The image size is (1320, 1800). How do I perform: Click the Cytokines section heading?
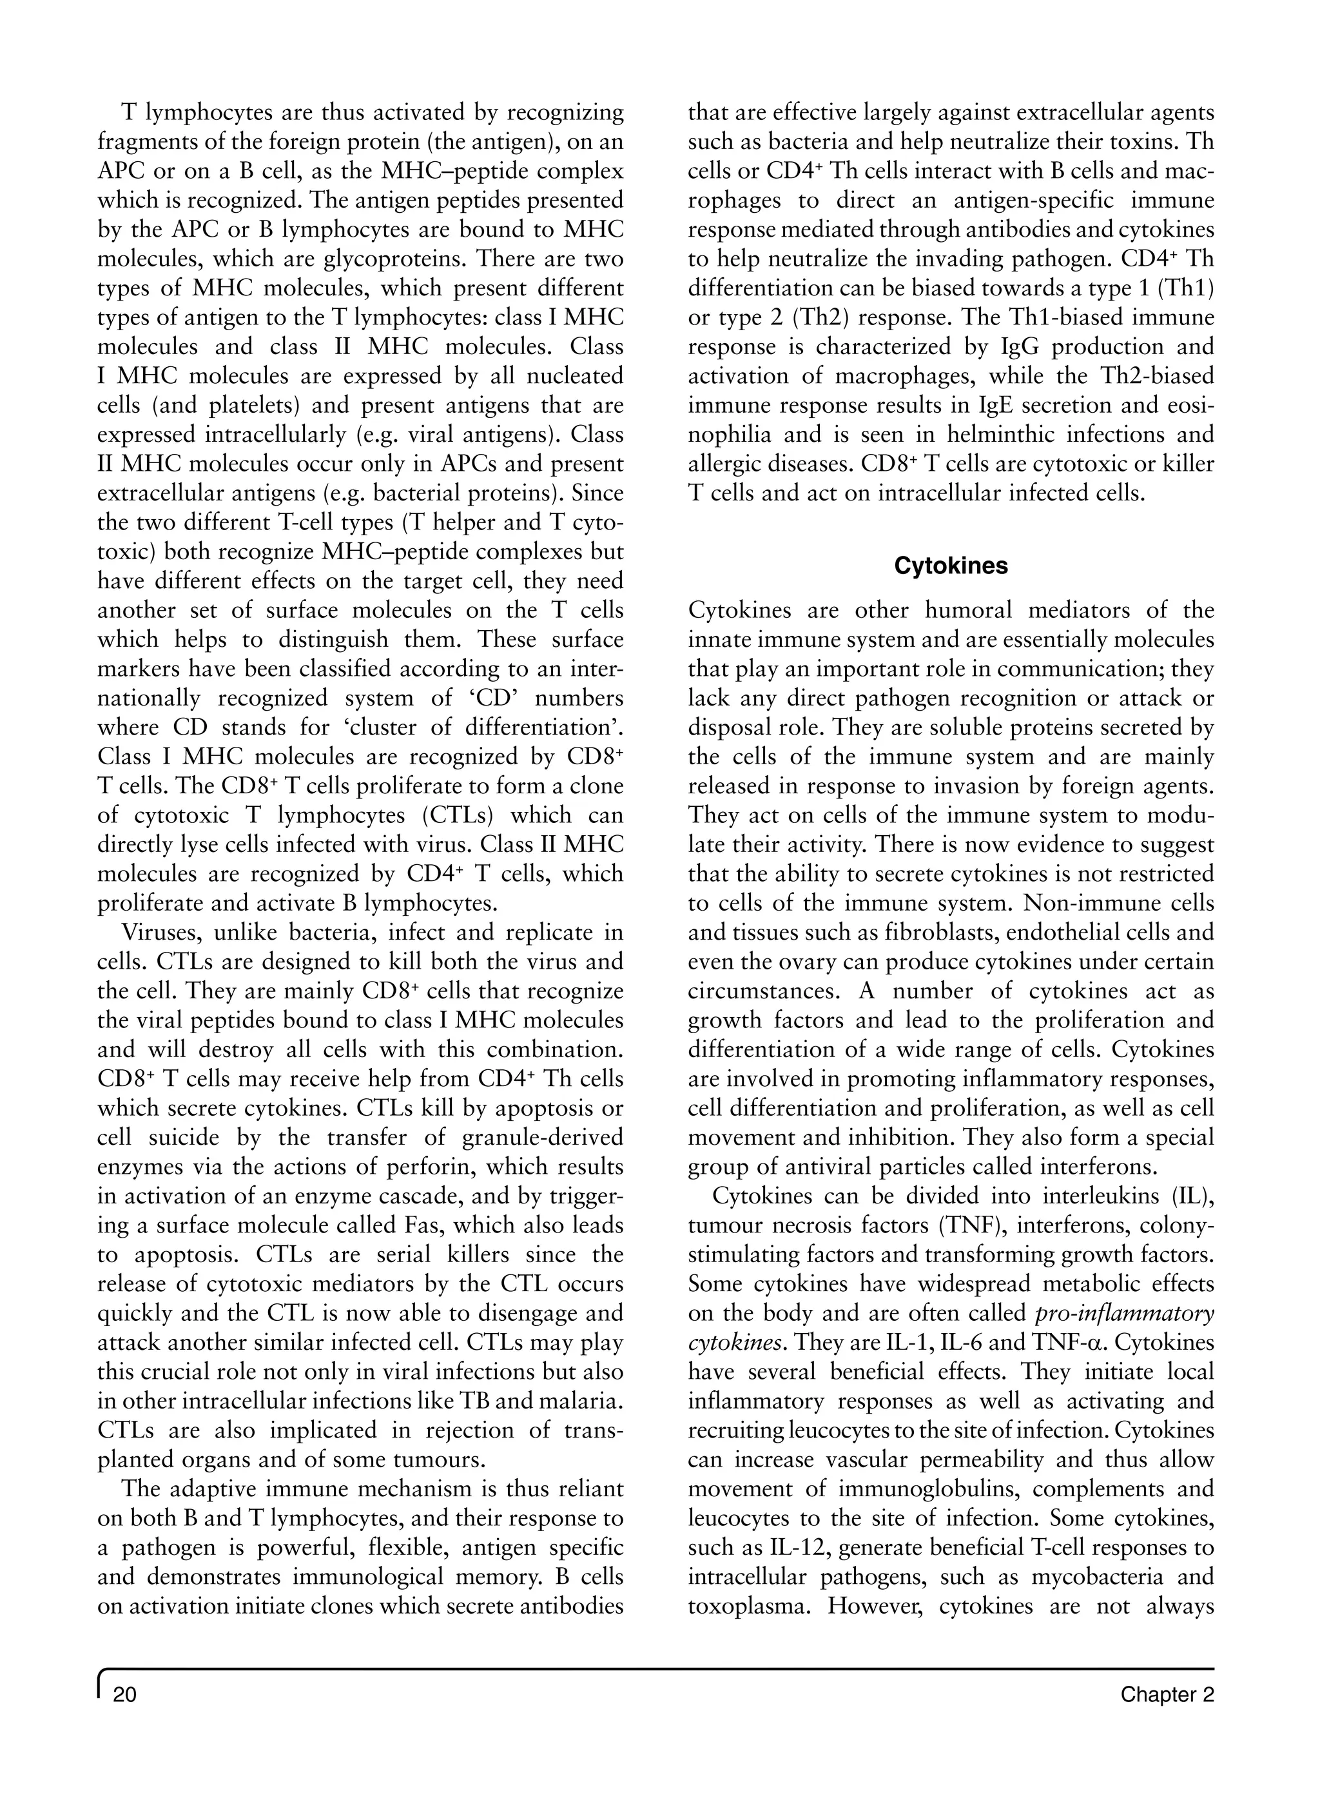pyautogui.click(x=951, y=566)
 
